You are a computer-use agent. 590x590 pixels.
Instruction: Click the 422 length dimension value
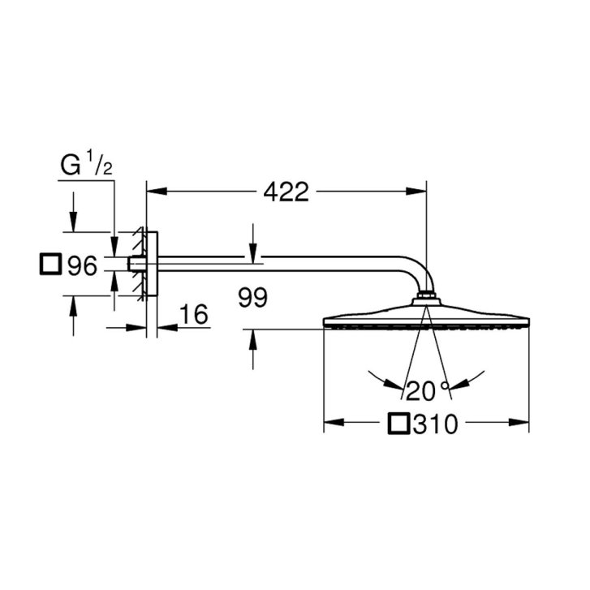pyautogui.click(x=286, y=192)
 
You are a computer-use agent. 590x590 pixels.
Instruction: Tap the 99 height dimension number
pyautogui.click(x=253, y=297)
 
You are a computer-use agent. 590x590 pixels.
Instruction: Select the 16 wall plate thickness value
pyautogui.click(x=194, y=314)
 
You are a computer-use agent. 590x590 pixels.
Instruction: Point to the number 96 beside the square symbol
pyautogui.click(x=83, y=265)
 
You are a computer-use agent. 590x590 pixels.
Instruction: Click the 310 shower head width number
pyautogui.click(x=435, y=424)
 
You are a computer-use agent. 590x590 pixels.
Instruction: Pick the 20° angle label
pyautogui.click(x=429, y=390)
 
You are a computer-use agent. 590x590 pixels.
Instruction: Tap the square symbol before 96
pyautogui.click(x=50, y=264)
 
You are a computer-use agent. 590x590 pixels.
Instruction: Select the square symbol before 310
pyautogui.click(x=398, y=424)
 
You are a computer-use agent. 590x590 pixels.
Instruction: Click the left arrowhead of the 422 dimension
pyautogui.click(x=156, y=192)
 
